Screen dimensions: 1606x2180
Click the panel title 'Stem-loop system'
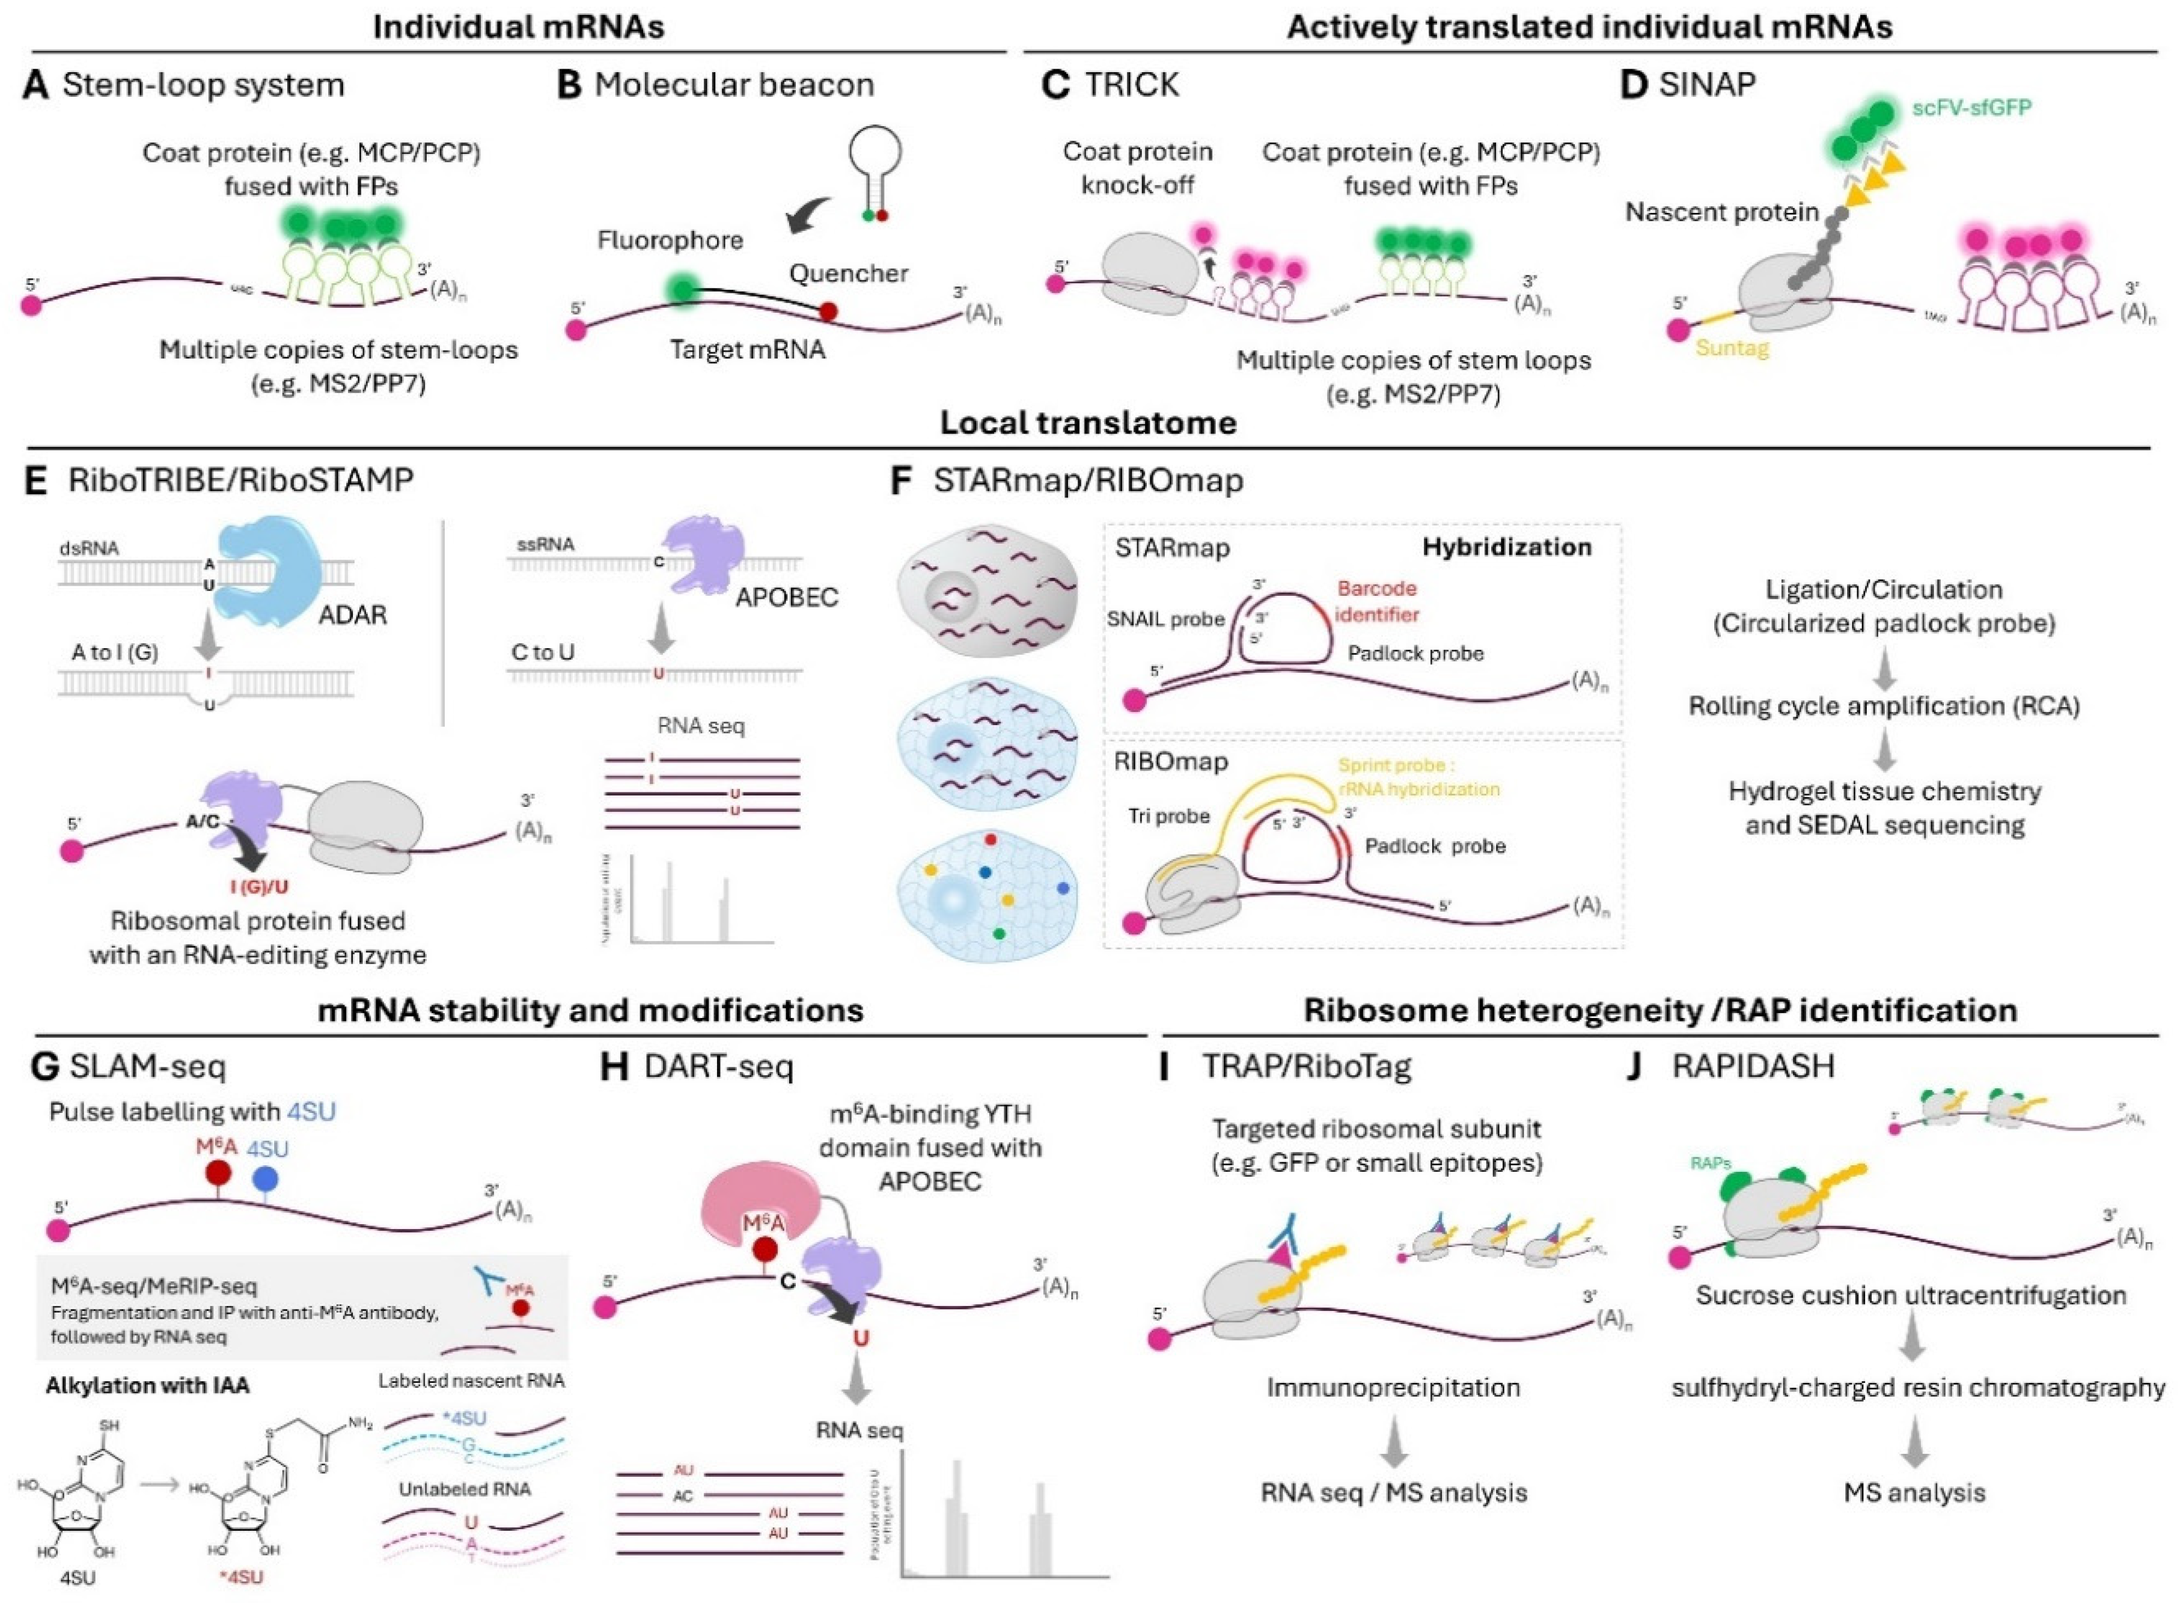(x=203, y=85)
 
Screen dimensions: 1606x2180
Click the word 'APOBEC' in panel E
(x=786, y=597)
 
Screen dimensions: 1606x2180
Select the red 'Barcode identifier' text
(x=1377, y=601)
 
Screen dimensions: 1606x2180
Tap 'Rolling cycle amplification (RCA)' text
(x=1884, y=706)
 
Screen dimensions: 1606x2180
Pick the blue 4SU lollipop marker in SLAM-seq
(x=264, y=1179)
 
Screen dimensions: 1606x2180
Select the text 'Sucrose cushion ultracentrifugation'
(x=1911, y=1295)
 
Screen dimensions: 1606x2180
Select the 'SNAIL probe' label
(x=1164, y=619)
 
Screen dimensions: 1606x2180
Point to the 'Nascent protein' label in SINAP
(x=1721, y=212)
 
